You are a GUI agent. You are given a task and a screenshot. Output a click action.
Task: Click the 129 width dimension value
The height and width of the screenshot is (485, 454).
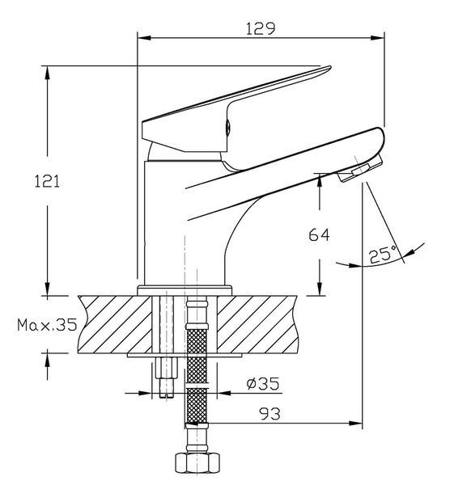pos(261,29)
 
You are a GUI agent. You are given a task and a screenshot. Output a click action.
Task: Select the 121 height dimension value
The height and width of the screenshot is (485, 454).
pos(47,181)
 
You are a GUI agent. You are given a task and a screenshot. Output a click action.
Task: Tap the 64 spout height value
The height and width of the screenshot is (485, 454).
pos(320,234)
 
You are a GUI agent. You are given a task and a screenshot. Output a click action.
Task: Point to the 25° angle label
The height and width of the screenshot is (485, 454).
pos(383,255)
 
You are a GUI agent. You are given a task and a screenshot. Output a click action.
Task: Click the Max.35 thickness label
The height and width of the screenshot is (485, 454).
pos(47,325)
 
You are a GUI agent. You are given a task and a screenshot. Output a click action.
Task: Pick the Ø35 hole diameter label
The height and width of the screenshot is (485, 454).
pos(263,383)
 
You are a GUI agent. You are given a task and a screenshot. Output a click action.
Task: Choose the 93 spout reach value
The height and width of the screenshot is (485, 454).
pos(269,414)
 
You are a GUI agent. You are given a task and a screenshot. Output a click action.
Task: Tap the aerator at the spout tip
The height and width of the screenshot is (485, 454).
pos(360,170)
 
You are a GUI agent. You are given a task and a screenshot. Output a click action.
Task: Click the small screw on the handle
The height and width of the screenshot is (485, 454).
pos(227,128)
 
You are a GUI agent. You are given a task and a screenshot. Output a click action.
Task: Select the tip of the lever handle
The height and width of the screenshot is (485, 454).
pos(330,67)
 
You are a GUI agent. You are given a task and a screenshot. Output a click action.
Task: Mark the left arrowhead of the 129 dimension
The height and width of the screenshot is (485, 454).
pos(144,38)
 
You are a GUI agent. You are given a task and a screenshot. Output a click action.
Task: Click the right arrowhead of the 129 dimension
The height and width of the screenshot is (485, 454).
pos(377,38)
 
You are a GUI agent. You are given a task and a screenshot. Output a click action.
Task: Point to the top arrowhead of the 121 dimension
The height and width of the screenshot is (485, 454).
pos(48,73)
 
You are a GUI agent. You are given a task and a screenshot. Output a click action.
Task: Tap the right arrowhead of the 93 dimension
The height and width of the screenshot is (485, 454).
pos(355,423)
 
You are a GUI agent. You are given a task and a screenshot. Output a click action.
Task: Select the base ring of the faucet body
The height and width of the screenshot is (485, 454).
pos(185,290)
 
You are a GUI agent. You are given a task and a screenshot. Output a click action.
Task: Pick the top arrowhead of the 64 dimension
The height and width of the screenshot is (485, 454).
pos(320,180)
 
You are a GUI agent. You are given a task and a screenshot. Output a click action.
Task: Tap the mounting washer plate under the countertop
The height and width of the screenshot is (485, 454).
pos(185,355)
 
